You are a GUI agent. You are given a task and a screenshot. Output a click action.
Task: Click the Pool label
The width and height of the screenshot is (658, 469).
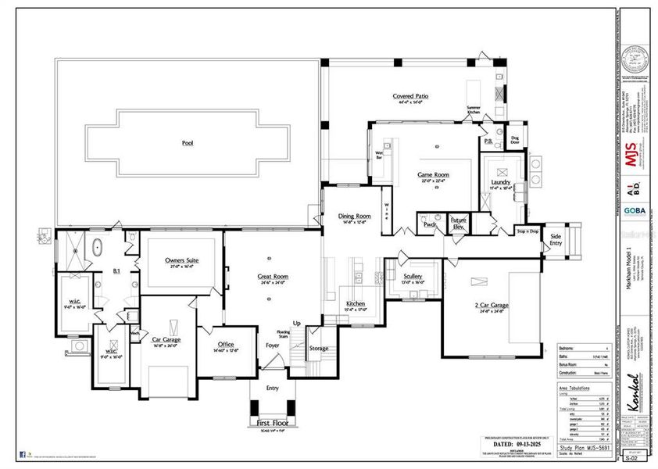click(187, 144)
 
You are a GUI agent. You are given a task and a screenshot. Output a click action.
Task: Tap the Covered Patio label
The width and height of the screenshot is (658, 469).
click(409, 96)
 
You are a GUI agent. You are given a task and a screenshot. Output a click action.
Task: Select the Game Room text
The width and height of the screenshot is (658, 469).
click(433, 176)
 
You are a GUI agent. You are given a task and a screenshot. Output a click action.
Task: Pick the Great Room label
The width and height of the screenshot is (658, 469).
click(274, 277)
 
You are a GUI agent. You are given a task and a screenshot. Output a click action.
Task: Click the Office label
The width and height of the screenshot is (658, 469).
click(227, 345)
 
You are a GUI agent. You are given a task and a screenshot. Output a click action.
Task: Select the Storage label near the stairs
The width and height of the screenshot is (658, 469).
click(319, 349)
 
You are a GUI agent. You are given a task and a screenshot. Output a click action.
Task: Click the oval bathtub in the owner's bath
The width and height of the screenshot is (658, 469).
click(98, 248)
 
